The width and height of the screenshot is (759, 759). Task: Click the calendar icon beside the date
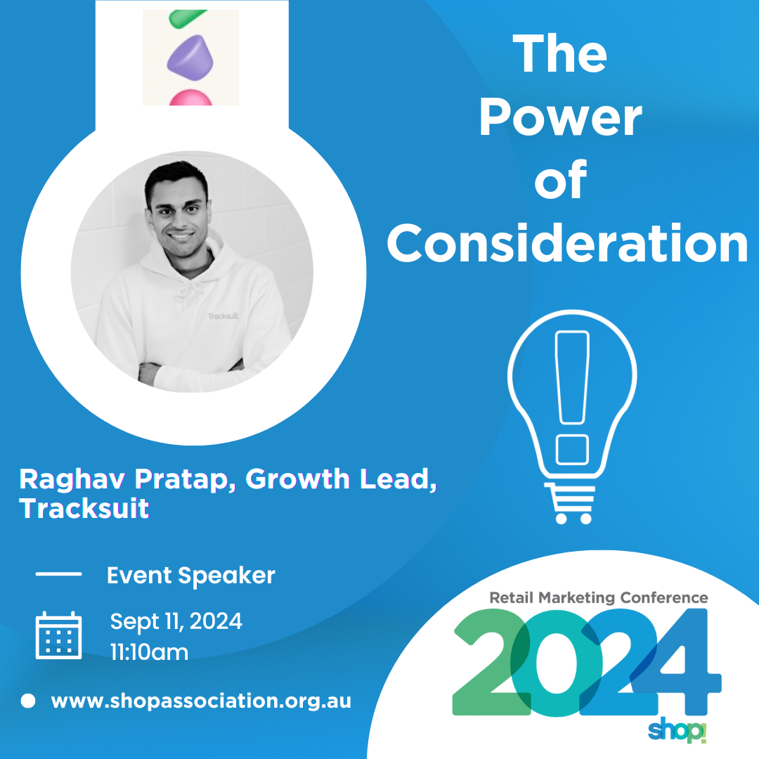(58, 635)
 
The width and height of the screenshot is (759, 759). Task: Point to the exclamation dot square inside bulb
(572, 450)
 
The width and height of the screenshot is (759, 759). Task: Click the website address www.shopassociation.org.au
(201, 701)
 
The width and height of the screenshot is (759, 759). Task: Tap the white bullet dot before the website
(28, 701)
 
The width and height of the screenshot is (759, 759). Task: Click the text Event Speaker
(190, 576)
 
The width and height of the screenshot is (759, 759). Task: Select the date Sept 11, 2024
(176, 621)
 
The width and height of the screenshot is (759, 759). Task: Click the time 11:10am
(149, 652)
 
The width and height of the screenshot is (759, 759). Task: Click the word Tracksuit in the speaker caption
(84, 508)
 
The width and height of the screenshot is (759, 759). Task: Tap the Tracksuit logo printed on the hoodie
(223, 316)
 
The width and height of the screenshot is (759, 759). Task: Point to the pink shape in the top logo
(190, 98)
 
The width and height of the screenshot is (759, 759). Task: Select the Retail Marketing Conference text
(599, 598)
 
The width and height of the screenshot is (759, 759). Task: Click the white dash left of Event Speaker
(58, 574)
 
